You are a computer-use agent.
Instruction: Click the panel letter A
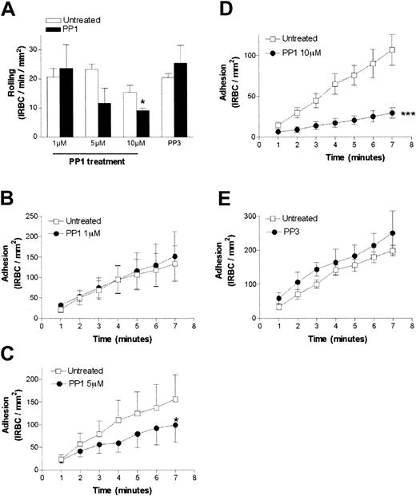(x=11, y=10)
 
